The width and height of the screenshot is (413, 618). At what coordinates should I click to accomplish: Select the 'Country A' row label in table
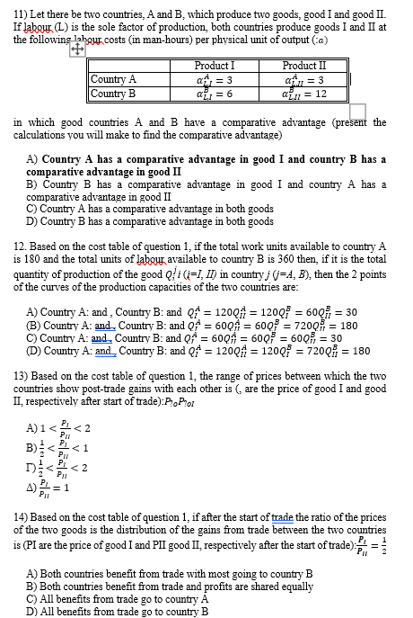pos(114,79)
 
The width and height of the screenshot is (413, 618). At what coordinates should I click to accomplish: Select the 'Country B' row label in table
pos(114,93)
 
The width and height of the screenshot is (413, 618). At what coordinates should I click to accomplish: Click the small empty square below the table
pos(357,111)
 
